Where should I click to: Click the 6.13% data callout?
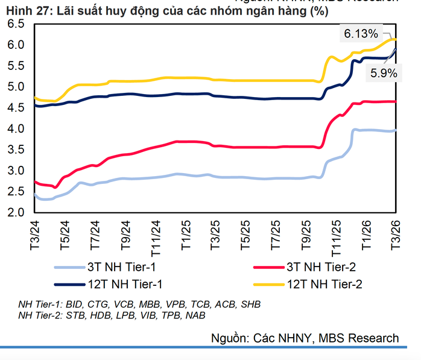pyautogui.click(x=361, y=34)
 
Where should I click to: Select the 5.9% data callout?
pyautogui.click(x=383, y=73)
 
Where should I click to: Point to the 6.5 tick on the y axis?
pyautogui.click(x=16, y=24)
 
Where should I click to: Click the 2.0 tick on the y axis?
pyautogui.click(x=16, y=213)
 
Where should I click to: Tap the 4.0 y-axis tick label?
pyautogui.click(x=16, y=129)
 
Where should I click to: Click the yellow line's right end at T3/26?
pyautogui.click(x=395, y=39)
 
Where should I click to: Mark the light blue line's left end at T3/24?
pyautogui.click(x=35, y=194)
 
